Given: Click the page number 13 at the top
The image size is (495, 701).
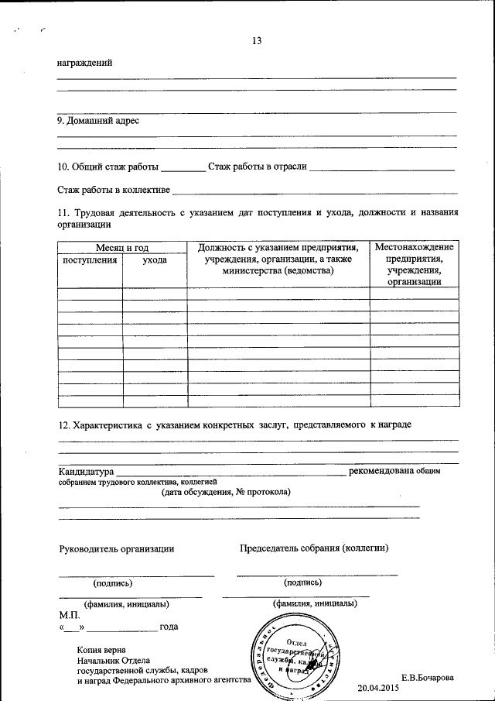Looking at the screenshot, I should [257, 41].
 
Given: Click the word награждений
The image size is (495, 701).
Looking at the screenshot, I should [85, 63].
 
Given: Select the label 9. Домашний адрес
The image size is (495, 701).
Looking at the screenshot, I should [99, 121].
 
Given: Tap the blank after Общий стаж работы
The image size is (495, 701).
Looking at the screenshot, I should [183, 167].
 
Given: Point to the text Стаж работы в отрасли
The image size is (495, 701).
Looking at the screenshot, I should [258, 167].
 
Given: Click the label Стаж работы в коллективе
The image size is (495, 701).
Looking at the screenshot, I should [114, 189].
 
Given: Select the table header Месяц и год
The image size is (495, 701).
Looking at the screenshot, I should [122, 247].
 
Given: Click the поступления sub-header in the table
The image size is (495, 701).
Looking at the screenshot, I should [90, 260].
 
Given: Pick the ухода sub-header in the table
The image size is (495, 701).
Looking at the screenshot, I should [155, 260].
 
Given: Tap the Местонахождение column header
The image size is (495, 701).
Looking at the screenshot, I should [414, 247].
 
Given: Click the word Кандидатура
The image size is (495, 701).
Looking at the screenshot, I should [87, 471].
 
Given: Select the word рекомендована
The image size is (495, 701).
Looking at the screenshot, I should [381, 471].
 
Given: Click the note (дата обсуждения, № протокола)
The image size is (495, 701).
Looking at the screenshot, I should [225, 492].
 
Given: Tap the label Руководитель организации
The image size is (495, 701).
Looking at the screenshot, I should [117, 548].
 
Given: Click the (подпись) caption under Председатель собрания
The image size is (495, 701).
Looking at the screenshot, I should [303, 582].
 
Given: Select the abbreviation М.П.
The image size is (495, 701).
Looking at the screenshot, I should [69, 613].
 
